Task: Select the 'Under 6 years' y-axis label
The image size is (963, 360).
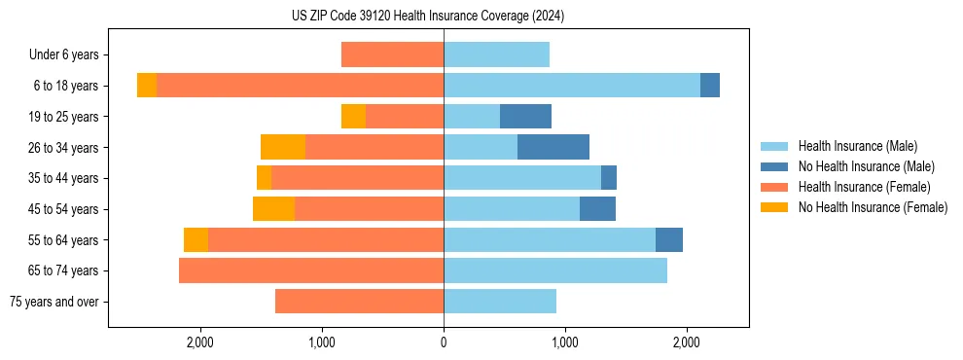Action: (69, 55)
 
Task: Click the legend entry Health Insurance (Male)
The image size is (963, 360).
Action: (857, 146)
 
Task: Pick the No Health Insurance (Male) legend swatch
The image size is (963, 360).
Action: (775, 166)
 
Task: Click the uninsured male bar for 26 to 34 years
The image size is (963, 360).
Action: (553, 147)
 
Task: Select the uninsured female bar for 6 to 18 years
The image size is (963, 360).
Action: (147, 86)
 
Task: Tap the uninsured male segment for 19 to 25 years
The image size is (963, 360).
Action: (525, 117)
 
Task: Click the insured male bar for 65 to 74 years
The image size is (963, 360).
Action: (555, 270)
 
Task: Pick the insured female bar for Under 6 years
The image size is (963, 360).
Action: (392, 55)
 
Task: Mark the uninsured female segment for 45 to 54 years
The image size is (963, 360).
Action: (273, 209)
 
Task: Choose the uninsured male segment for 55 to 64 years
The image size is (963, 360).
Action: (669, 239)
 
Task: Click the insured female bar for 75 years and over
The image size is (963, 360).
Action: (359, 302)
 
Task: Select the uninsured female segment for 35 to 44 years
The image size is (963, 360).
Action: (264, 178)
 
